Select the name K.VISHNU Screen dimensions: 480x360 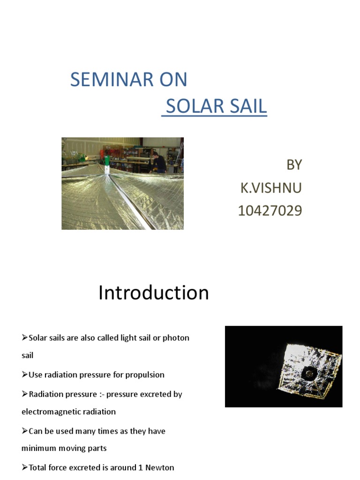click(271, 188)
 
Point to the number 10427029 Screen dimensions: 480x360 click(270, 211)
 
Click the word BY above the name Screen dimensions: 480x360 click(294, 165)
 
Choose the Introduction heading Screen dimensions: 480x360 click(153, 293)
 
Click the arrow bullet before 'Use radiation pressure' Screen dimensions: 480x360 click(25, 375)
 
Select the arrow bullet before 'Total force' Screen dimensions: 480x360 click(25, 468)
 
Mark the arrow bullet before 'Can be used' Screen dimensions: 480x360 click(25, 431)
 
